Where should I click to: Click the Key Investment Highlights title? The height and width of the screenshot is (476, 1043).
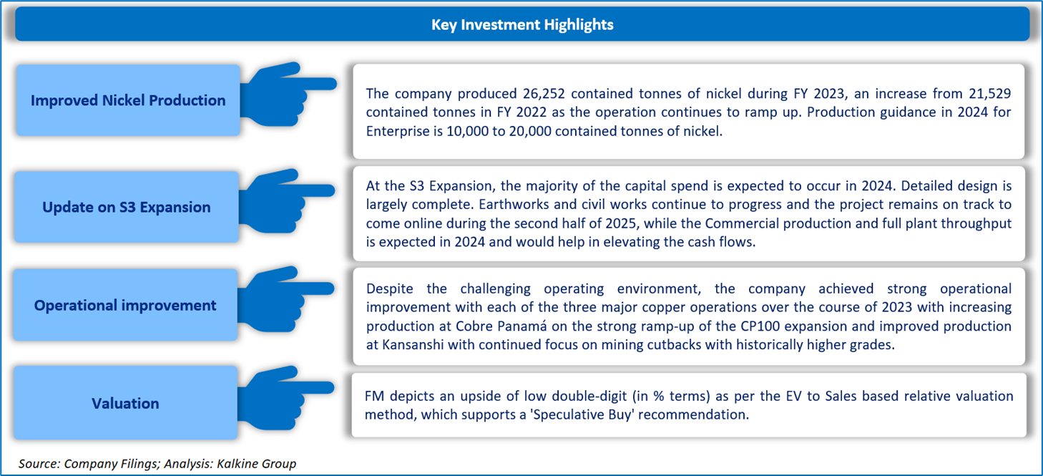tap(522, 24)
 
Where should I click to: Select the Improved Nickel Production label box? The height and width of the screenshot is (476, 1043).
tap(128, 100)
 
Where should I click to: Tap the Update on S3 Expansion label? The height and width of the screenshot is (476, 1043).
tap(126, 207)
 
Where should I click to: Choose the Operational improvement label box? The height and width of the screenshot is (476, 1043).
tap(125, 305)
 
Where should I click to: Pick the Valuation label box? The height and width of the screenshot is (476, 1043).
tap(125, 403)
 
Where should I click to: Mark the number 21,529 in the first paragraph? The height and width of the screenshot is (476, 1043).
tap(990, 94)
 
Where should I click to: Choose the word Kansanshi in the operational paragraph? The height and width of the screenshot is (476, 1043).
tap(413, 345)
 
